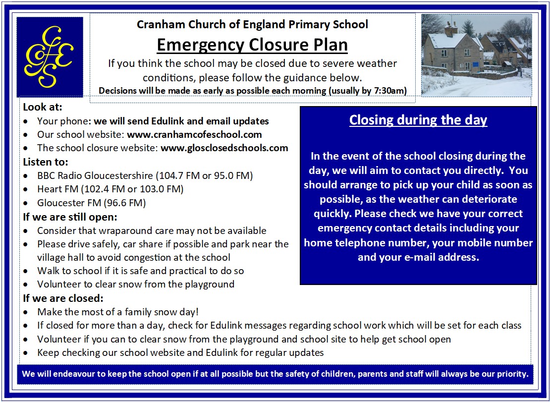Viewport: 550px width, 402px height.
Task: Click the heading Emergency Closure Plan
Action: tap(252, 45)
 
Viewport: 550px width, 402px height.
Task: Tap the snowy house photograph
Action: tap(476, 55)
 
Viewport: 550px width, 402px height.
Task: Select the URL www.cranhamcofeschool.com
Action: tap(194, 134)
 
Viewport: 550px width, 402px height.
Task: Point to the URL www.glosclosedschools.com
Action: tap(224, 148)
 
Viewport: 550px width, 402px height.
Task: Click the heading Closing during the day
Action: tap(418, 120)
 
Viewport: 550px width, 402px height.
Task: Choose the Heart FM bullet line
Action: tap(110, 189)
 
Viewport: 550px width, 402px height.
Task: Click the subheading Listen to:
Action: tap(46, 162)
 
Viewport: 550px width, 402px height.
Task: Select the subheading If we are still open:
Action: tap(70, 217)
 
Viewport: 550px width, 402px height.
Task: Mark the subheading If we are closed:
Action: tap(63, 298)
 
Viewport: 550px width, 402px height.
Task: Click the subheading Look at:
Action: tap(43, 107)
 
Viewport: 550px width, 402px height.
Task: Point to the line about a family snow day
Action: tap(117, 312)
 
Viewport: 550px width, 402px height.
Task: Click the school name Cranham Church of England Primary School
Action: tap(252, 24)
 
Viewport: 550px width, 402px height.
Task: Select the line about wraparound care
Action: tap(152, 230)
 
